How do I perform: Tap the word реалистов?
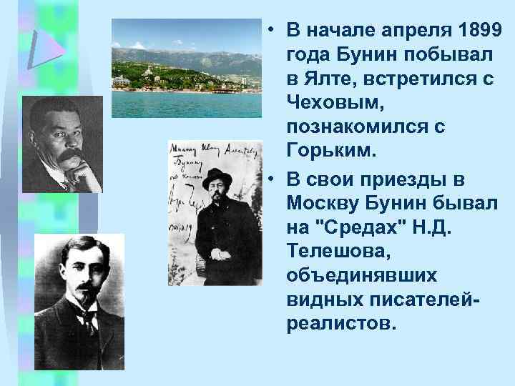point(340,324)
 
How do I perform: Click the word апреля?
point(404,31)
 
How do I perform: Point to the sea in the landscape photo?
point(186,104)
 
